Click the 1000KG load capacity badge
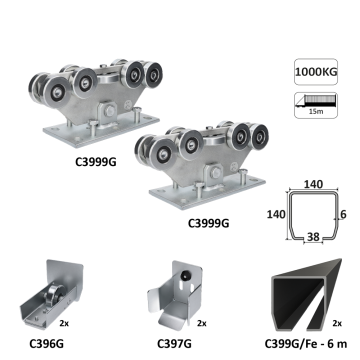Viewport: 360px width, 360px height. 316,72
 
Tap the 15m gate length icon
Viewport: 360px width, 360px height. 316,105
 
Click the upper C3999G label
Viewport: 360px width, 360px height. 95,162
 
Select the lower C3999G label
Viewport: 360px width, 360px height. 208,223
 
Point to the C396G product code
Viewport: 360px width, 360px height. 46,343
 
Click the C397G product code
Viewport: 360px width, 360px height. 174,343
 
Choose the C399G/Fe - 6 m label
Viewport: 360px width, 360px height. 306,343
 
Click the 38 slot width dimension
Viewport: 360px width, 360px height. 313,237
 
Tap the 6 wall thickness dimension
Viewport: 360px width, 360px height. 343,214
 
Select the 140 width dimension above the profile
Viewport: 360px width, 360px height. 313,184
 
